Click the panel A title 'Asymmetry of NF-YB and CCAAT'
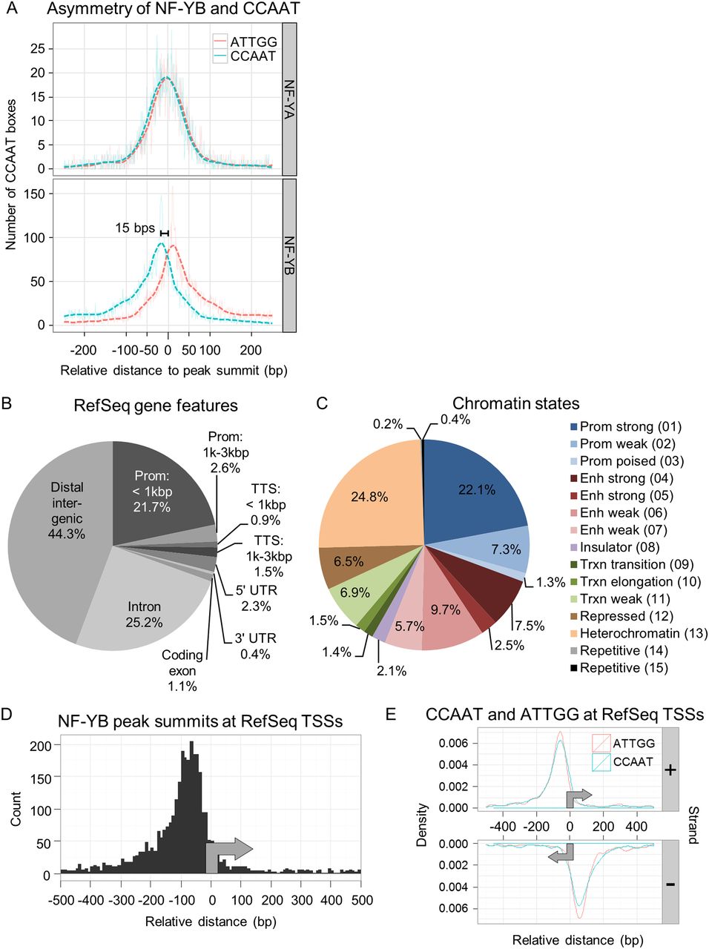174,10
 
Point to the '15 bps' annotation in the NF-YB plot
135,228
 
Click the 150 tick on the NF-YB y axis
36,194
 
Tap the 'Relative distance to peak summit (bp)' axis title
174,370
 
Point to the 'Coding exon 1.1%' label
182,670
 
